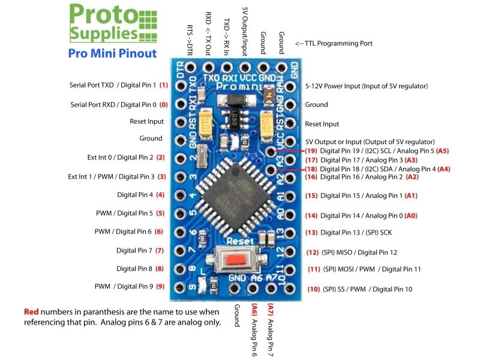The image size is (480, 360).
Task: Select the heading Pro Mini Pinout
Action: tap(112, 53)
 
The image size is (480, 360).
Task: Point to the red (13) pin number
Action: tap(311, 232)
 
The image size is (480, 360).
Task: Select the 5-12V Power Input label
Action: tap(367, 86)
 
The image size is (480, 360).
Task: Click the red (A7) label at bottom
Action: tap(271, 311)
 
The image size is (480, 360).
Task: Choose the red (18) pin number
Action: tap(311, 169)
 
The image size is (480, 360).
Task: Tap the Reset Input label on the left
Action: tap(146, 121)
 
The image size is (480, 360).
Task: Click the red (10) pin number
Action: tap(313, 289)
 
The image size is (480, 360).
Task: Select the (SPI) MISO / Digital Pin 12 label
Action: tap(359, 253)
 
